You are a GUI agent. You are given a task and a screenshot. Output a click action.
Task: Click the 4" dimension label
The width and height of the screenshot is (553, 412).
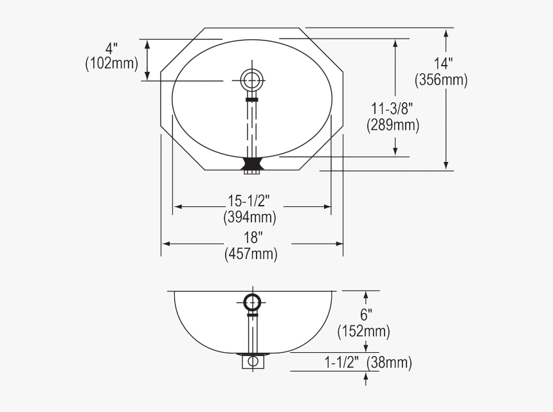pos(113,48)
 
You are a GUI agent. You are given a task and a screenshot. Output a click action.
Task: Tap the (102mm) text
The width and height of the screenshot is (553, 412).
pos(112,64)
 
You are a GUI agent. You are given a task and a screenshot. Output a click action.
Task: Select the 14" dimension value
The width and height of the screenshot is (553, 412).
pos(443,64)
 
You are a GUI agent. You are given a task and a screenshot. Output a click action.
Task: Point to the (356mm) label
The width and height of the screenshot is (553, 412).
pos(441,80)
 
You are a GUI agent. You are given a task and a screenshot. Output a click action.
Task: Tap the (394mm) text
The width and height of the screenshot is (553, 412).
pos(250,217)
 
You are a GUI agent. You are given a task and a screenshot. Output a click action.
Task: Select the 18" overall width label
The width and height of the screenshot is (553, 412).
pos(252,237)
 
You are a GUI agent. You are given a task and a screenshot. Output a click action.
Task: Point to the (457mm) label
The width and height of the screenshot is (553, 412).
pos(251,254)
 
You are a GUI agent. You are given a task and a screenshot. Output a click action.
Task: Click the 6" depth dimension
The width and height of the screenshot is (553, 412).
pos(366,315)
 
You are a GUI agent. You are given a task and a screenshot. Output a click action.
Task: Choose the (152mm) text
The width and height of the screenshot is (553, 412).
pos(364,332)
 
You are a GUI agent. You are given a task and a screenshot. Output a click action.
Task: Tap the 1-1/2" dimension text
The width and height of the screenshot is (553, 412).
pos(342,363)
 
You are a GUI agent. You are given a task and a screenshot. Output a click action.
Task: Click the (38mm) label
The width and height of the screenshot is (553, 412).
pos(389,363)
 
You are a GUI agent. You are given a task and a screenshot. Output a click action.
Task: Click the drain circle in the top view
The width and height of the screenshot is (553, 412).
pos(251,80)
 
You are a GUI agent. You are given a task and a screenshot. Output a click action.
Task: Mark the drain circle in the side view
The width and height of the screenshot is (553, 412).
pos(252,301)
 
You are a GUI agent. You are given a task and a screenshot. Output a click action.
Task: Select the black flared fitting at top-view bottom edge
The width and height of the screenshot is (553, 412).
pos(251,165)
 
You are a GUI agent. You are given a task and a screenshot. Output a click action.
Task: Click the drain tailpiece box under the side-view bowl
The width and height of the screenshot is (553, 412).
pos(252,361)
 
